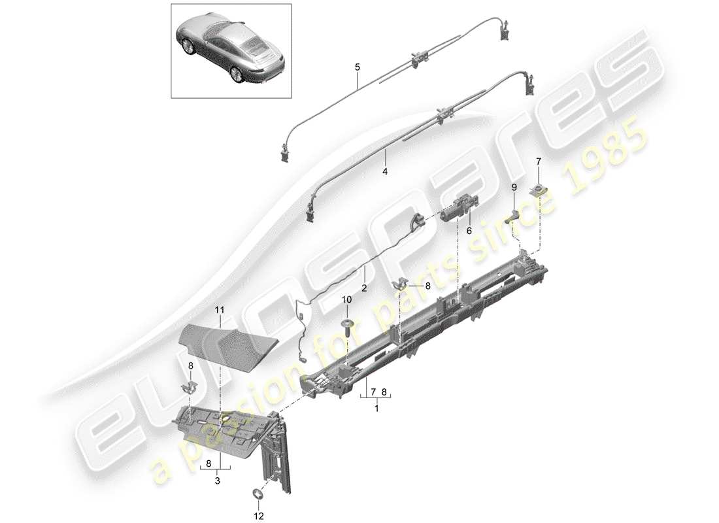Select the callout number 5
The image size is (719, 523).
click(357, 67)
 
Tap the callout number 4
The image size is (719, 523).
click(385, 171)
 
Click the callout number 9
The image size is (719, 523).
click(514, 188)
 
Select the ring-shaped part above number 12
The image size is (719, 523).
click(256, 494)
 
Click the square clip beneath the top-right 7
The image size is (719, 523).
click(539, 191)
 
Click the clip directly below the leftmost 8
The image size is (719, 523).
click(188, 389)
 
